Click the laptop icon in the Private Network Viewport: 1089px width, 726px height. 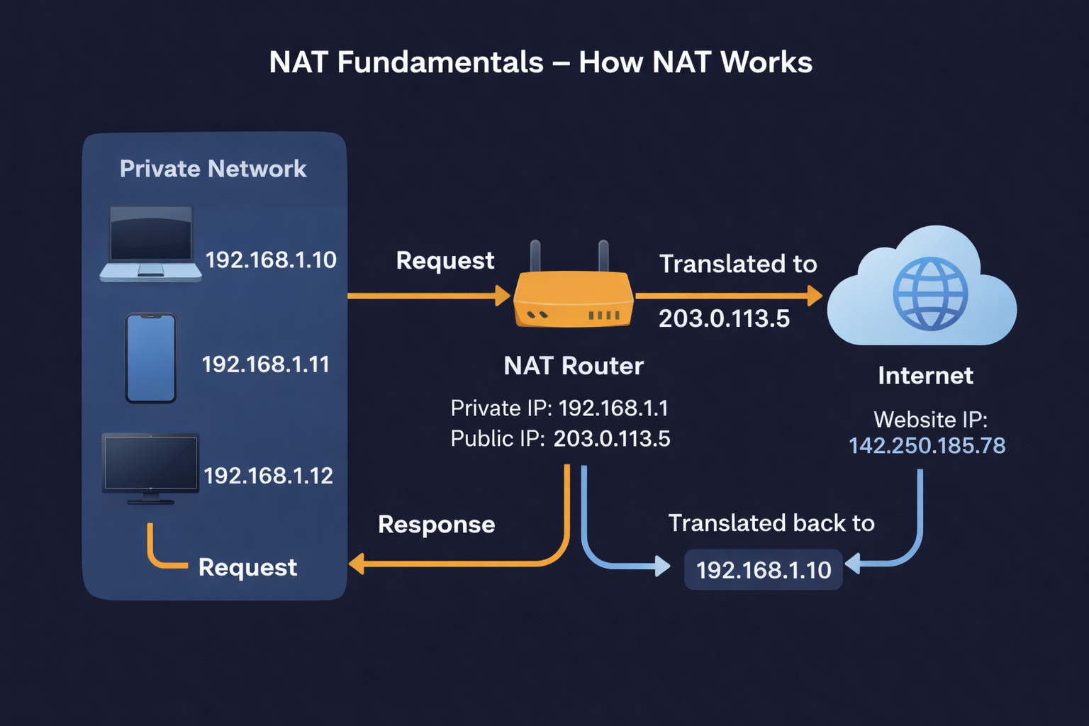pyautogui.click(x=150, y=243)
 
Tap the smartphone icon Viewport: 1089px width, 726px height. pyautogui.click(x=150, y=358)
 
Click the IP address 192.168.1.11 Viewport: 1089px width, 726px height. pyautogui.click(x=266, y=364)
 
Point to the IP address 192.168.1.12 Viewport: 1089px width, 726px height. pyautogui.click(x=268, y=475)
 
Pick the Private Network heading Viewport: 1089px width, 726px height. pyautogui.click(x=213, y=169)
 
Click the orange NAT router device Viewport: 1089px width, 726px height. pyautogui.click(x=573, y=300)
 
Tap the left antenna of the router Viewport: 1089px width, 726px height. pyautogui.click(x=535, y=256)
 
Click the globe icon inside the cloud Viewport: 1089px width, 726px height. pyautogui.click(x=930, y=294)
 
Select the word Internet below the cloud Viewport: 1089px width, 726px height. pyautogui.click(x=925, y=375)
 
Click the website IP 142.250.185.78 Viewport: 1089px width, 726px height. pyautogui.click(x=927, y=445)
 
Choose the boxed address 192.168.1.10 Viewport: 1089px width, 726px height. pyautogui.click(x=763, y=569)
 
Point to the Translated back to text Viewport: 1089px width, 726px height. pyautogui.click(x=771, y=523)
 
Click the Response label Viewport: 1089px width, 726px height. pyautogui.click(x=436, y=525)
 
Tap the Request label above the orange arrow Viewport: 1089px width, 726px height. pyautogui.click(x=445, y=261)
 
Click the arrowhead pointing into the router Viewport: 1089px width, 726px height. pyautogui.click(x=503, y=296)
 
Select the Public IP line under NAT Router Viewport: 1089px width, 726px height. pyautogui.click(x=560, y=439)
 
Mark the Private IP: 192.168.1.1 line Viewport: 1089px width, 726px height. pyautogui.click(x=559, y=408)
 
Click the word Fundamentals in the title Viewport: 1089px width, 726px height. pyautogui.click(x=440, y=62)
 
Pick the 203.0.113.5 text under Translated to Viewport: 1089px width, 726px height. pyautogui.click(x=724, y=318)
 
